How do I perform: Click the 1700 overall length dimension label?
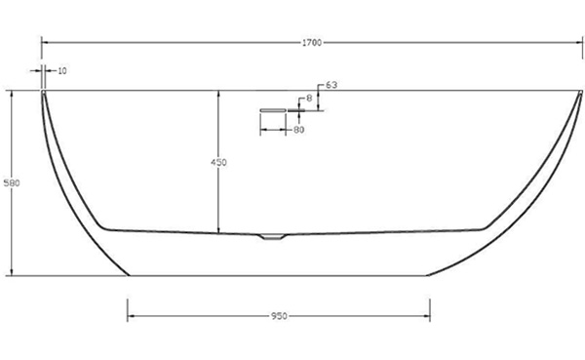pos(312,43)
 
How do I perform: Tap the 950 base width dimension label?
pos(279,316)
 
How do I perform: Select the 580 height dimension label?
pos(12,183)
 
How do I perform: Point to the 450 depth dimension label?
pos(218,163)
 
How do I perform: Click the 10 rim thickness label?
pos(62,70)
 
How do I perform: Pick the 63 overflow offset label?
pos(331,85)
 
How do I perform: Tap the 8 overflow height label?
pos(309,99)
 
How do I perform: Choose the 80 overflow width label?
pos(299,130)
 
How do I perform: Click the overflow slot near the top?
pos(273,110)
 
